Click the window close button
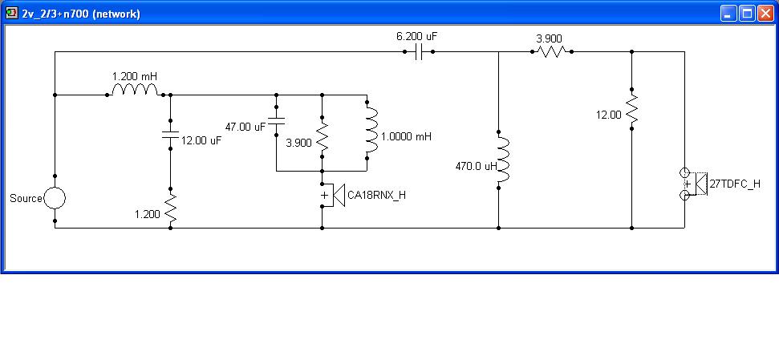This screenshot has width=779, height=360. (765, 14)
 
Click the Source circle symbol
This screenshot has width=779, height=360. (55, 198)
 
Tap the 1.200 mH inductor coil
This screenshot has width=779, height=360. (135, 89)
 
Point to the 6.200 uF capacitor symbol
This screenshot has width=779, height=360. (419, 51)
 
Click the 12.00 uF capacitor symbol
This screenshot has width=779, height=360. (170, 134)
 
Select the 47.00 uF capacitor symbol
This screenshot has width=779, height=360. (276, 120)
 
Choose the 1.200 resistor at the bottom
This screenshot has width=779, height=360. (170, 208)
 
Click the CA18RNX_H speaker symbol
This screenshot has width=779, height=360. (333, 195)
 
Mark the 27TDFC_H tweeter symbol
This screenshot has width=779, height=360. (693, 184)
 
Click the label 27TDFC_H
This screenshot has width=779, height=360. (735, 184)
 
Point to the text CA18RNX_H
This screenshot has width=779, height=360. (376, 195)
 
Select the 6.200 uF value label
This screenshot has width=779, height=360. (417, 36)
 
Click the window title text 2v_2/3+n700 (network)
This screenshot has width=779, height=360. (81, 14)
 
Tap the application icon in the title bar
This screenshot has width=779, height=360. (12, 14)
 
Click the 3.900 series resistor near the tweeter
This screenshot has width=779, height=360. (551, 51)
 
